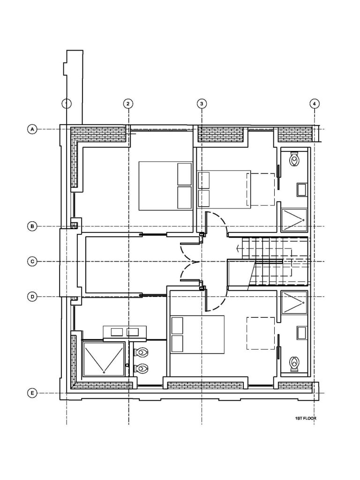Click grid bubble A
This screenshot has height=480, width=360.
(32, 129)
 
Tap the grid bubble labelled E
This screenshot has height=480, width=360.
(32, 393)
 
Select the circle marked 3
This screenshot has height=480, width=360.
(202, 104)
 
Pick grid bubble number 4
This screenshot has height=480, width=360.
(315, 104)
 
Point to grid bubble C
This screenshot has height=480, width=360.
(32, 262)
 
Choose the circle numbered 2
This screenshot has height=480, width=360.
(128, 104)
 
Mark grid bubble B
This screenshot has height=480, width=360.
(32, 226)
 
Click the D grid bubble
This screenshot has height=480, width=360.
(32, 297)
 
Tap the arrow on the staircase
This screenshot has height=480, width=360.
(239, 248)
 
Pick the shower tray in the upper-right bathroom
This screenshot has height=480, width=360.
(294, 220)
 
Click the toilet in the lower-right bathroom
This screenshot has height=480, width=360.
(295, 364)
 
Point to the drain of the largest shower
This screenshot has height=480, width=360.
(104, 372)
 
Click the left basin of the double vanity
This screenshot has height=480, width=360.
(117, 332)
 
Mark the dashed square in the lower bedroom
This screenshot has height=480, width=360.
(261, 334)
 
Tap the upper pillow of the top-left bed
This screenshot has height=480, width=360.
(185, 174)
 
